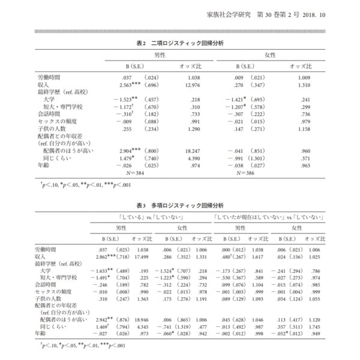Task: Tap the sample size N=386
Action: [x=248, y=173]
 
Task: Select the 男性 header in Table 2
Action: [x=160, y=54]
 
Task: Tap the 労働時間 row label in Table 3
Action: [x=47, y=248]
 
